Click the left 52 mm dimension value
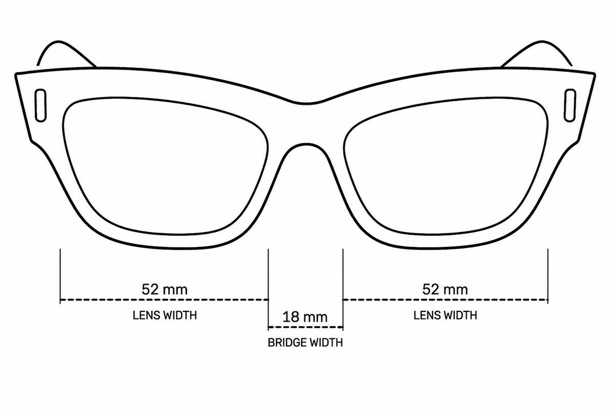(x=164, y=289)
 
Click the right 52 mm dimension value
(x=445, y=289)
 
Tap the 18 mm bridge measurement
(x=305, y=317)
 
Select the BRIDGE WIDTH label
(x=305, y=343)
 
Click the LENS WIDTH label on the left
(x=165, y=315)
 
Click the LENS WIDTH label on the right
(x=445, y=315)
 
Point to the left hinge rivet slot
(x=40, y=105)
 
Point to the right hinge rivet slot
(x=570, y=105)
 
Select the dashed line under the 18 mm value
(x=305, y=327)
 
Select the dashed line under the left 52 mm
(x=164, y=300)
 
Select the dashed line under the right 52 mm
(x=446, y=300)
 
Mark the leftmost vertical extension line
(x=60, y=276)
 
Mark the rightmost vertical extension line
(x=548, y=276)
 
